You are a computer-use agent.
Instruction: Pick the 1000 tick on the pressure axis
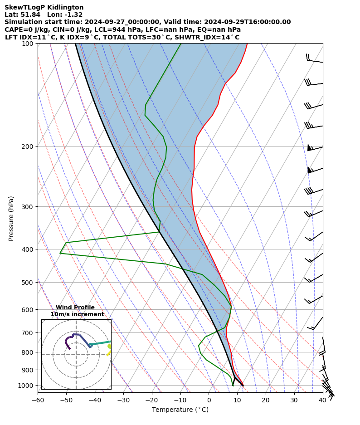pyautogui.click(x=25, y=386)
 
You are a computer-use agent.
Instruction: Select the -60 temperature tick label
pyautogui.click(x=38, y=400)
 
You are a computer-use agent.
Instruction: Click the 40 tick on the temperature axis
pyautogui.click(x=322, y=400)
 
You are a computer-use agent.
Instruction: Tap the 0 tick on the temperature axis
pyautogui.click(x=209, y=400)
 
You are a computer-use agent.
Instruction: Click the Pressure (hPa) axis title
pyautogui.click(x=11, y=218)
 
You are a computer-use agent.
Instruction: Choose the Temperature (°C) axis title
pyautogui.click(x=180, y=410)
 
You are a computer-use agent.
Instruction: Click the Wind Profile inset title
pyautogui.click(x=75, y=308)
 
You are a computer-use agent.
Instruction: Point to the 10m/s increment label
pyautogui.click(x=77, y=314)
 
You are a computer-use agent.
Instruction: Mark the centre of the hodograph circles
pyautogui.click(x=76, y=354)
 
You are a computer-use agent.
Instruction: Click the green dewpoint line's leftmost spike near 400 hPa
pyautogui.click(x=60, y=253)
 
